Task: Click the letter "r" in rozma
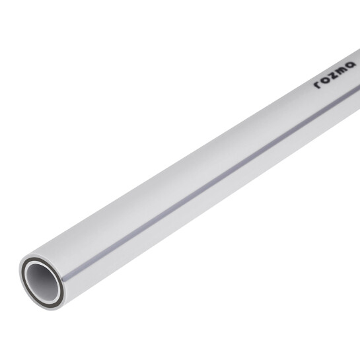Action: coord(317,85)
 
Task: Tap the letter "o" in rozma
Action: coord(324,79)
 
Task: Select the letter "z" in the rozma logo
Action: coord(332,75)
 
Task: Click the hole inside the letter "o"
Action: coord(324,79)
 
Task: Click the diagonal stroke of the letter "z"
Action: coord(332,75)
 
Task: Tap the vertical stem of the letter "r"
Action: coord(316,86)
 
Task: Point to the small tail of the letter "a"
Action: coord(354,65)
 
